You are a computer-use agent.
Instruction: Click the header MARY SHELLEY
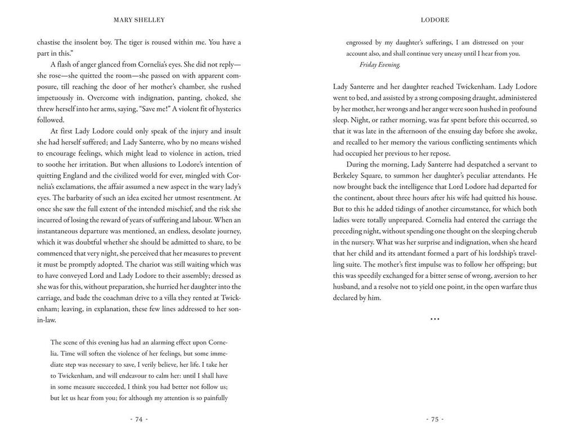tap(139, 20)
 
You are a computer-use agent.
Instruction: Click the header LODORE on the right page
tap(434, 20)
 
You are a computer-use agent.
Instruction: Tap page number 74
tap(139, 419)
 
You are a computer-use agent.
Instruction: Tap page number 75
tap(434, 419)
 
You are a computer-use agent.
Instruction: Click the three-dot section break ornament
tap(434, 319)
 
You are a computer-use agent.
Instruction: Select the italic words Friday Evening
tap(380, 65)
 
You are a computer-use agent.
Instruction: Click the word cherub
tap(525, 231)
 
